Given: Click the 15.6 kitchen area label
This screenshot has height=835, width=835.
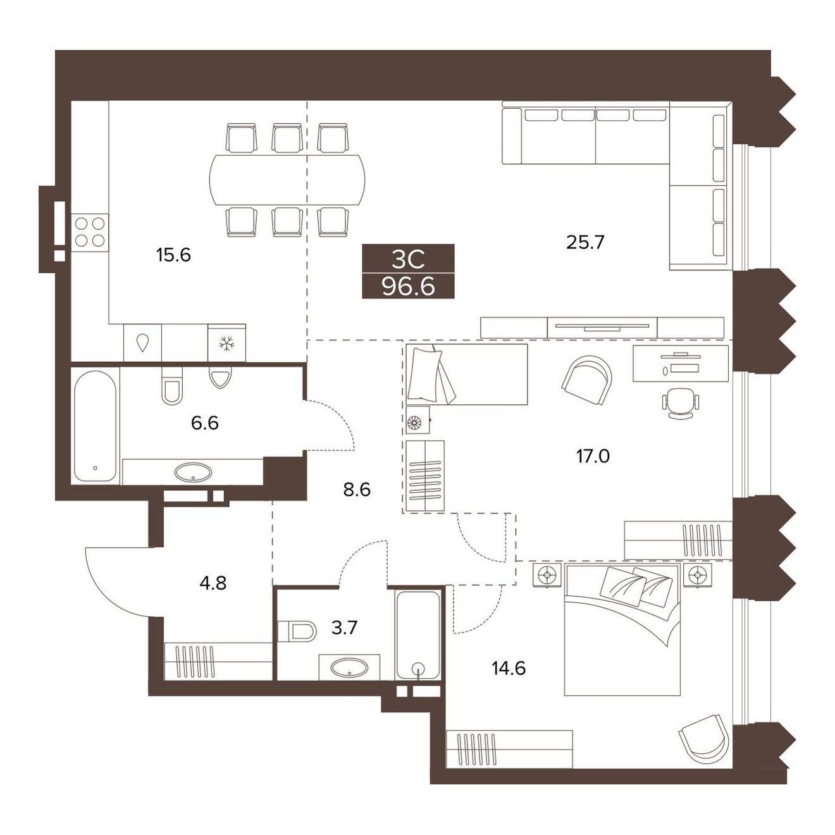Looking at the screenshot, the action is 173,255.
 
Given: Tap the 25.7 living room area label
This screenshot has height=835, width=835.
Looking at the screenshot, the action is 585,242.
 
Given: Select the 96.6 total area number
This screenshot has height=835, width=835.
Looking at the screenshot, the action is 408,287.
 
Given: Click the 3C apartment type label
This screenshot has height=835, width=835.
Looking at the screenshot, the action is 408,260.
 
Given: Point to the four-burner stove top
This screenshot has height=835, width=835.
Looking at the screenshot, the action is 90,232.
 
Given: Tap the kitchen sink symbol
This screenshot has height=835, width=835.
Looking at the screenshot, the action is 142,343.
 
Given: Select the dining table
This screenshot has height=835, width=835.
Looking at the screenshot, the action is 287,181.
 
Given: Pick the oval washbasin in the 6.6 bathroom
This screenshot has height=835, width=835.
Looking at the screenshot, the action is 194,472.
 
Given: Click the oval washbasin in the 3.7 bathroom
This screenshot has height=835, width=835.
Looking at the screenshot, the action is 349,667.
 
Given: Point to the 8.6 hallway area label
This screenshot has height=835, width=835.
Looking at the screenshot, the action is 357,490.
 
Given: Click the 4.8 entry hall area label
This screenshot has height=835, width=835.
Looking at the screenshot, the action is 213,583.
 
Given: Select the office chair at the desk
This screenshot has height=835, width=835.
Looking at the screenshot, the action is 681,403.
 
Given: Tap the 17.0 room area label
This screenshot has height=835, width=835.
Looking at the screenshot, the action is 593,456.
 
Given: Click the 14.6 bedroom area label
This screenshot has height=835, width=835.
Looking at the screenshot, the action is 509,668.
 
